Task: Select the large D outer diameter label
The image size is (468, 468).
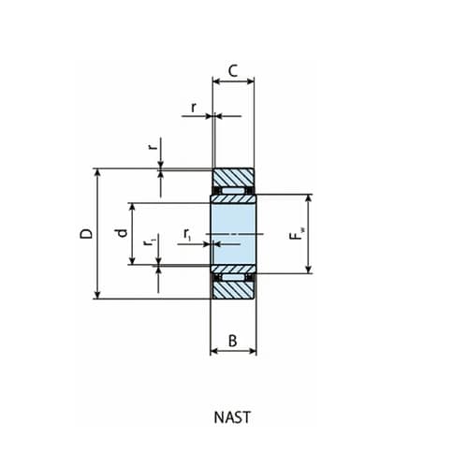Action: (x=85, y=234)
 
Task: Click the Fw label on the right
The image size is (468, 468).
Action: (x=296, y=235)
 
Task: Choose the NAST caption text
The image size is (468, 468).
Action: (x=233, y=417)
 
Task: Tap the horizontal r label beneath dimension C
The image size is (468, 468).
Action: (x=194, y=107)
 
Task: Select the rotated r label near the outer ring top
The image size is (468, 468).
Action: (x=152, y=148)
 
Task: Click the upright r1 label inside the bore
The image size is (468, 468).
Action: (x=187, y=234)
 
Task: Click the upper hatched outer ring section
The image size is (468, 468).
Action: (x=233, y=177)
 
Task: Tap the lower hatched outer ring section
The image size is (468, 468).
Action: (x=233, y=290)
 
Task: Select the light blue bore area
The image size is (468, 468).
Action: (x=233, y=234)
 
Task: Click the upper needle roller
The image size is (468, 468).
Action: (x=233, y=192)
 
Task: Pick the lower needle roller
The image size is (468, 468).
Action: (x=233, y=276)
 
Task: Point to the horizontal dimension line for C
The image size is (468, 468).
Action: (x=233, y=82)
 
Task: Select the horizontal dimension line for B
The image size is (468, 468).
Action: (x=233, y=353)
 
